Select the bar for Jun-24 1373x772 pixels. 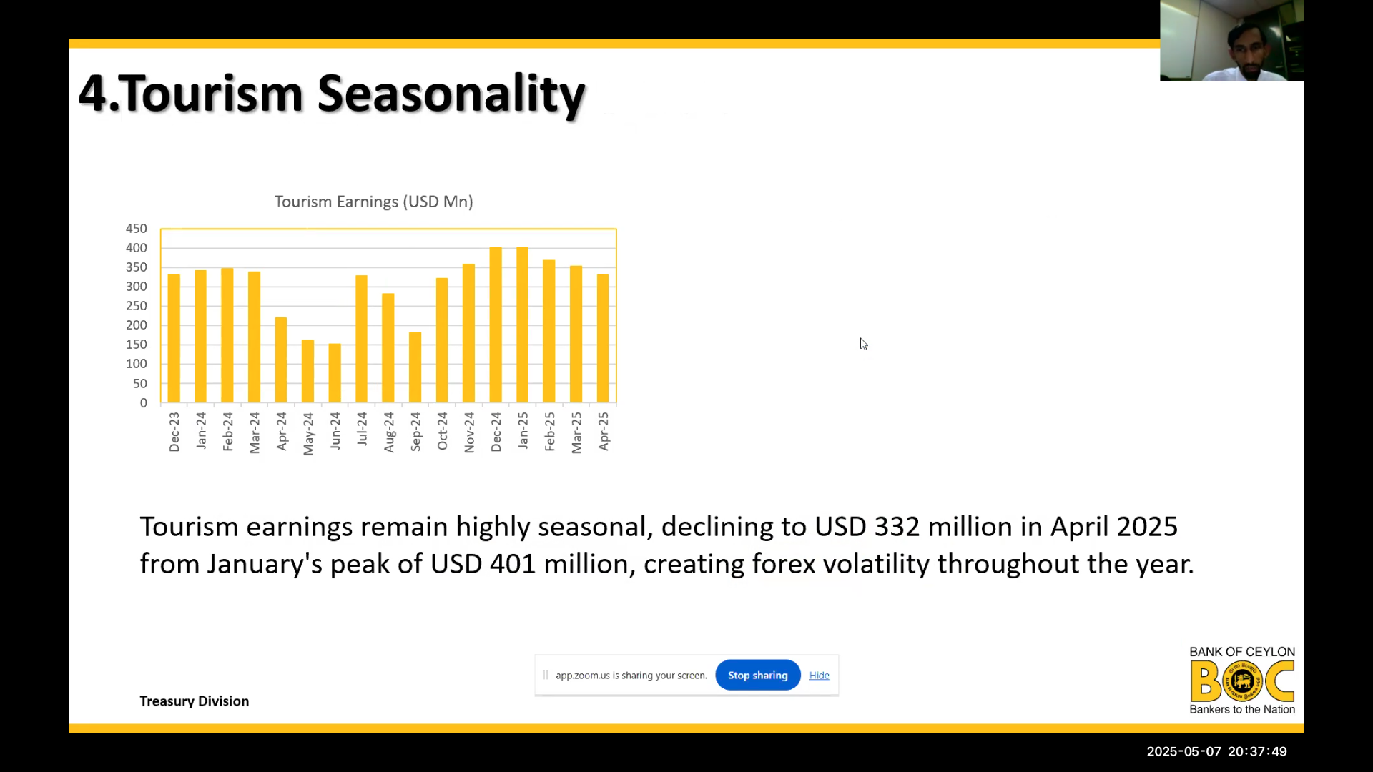(335, 373)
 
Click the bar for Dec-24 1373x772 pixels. (496, 325)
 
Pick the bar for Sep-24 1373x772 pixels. (415, 367)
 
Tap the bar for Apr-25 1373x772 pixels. (603, 339)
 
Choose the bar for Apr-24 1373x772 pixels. (281, 360)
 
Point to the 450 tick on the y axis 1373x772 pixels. (137, 229)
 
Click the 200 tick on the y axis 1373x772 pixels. (137, 325)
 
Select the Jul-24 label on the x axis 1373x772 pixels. (362, 429)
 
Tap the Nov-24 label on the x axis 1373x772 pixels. (469, 432)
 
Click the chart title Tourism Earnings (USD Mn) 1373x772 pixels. (374, 202)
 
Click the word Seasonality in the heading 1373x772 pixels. (451, 94)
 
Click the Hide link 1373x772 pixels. (820, 675)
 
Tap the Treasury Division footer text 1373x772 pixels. (195, 701)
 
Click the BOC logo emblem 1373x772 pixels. (1242, 681)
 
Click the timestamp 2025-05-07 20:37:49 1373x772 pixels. (1217, 752)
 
